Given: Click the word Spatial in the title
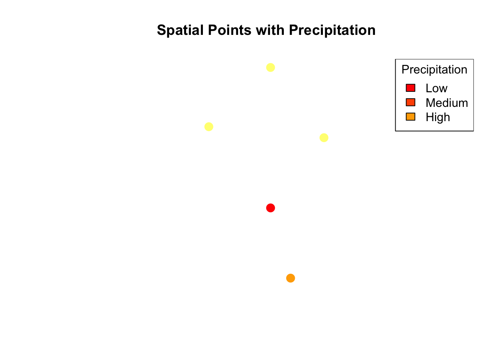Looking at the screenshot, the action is (x=180, y=30).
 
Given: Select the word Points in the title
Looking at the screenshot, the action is (x=229, y=30).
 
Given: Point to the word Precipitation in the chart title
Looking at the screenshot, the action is (x=332, y=30).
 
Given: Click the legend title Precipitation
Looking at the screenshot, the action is (x=434, y=69).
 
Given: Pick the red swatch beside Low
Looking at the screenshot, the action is (x=410, y=88).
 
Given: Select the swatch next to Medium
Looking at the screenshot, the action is (x=410, y=102).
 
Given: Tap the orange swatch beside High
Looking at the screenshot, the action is (x=410, y=117).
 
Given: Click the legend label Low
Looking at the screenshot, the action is (x=436, y=88).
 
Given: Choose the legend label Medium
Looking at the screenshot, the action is (x=447, y=103).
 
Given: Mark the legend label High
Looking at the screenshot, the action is (x=438, y=117).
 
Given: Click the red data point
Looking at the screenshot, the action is (x=270, y=208).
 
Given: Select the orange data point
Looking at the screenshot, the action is (x=291, y=278).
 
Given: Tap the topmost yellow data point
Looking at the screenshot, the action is (x=270, y=67).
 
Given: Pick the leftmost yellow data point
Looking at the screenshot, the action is (x=209, y=127).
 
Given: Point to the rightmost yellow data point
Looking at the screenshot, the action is (x=324, y=138).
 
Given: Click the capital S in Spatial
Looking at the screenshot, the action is (x=162, y=30).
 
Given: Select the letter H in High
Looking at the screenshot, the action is (x=430, y=117).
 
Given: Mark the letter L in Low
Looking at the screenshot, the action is (x=429, y=88).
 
